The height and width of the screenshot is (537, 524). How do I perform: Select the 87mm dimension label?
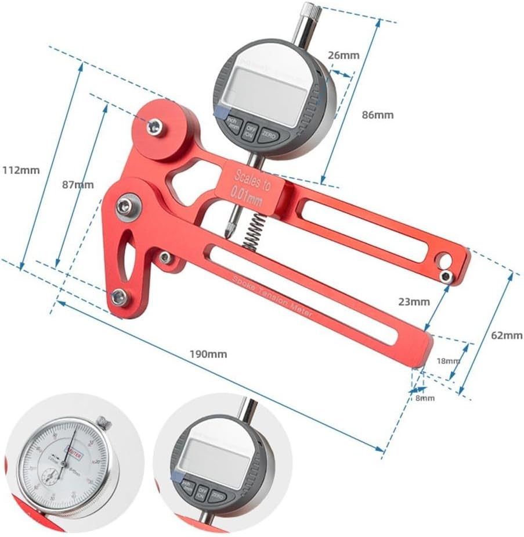(78, 185)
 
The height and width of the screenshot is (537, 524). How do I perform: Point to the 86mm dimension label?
(377, 114)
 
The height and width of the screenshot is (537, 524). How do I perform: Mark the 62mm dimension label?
(506, 335)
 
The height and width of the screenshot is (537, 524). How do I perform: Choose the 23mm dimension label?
(414, 302)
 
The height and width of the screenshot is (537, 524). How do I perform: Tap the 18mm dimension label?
(449, 360)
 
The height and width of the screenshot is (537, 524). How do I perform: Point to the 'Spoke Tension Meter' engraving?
(271, 296)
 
